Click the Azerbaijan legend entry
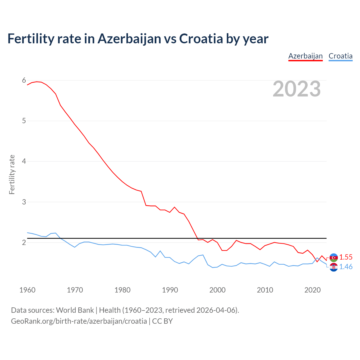305,56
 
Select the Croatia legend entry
340,56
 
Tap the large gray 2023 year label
297,89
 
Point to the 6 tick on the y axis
24,80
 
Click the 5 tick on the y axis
24,121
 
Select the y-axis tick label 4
24,161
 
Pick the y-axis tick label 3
24,202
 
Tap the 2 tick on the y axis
24,242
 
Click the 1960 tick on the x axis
27,290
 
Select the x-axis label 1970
75,290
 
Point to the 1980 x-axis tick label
122,290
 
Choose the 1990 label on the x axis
170,290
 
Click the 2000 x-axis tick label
217,290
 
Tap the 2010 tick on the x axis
265,290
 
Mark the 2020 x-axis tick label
312,290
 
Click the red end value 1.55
346,257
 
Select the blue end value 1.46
346,267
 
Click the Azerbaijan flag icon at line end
334,258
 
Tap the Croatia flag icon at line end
334,267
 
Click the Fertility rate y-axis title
12,174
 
